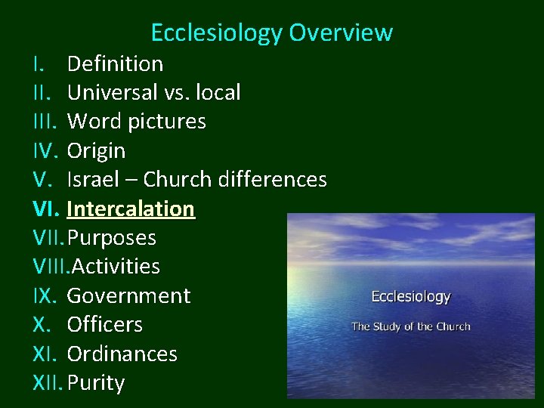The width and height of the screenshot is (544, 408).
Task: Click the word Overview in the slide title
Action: pyautogui.click(x=341, y=32)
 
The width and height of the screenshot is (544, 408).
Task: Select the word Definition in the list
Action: pyautogui.click(x=115, y=63)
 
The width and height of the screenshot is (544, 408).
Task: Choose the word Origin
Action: pyautogui.click(x=96, y=151)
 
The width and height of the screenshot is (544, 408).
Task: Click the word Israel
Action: pyautogui.click(x=88, y=180)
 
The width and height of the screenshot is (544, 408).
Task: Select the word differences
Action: pyautogui.click(x=272, y=180)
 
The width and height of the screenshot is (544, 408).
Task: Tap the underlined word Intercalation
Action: pyautogui.click(x=131, y=209)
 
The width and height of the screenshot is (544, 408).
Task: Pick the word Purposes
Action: pyautogui.click(x=112, y=238)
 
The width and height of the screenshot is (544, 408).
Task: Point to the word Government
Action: pyautogui.click(x=128, y=295)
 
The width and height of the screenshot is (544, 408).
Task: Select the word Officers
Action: pyautogui.click(x=104, y=325)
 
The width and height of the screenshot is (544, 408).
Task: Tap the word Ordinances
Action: pyautogui.click(x=122, y=354)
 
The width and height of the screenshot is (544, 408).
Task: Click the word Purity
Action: pyautogui.click(x=95, y=383)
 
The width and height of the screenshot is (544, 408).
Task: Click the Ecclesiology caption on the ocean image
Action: pyautogui.click(x=410, y=297)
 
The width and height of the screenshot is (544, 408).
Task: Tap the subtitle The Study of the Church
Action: pyautogui.click(x=410, y=326)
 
